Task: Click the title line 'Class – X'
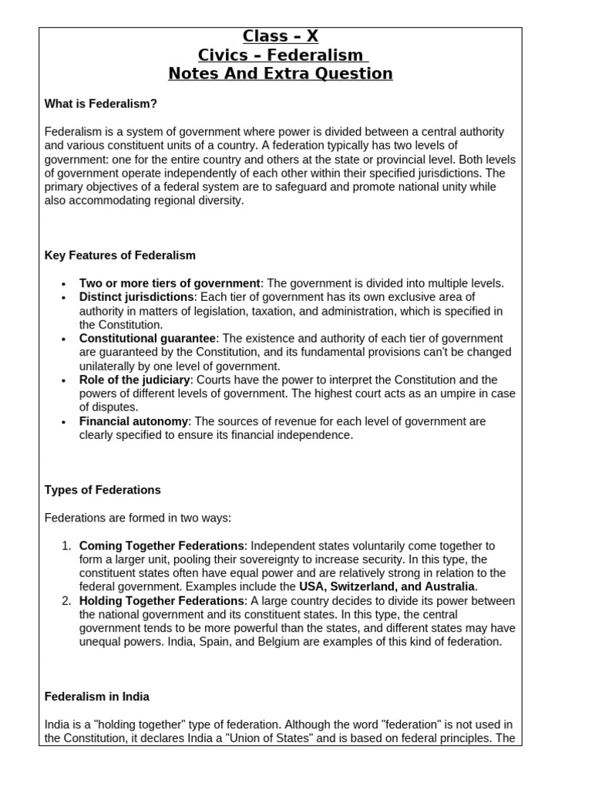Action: (x=281, y=36)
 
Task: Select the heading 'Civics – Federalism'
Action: (x=280, y=55)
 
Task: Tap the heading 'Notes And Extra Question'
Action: (x=281, y=74)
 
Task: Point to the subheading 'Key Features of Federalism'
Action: (x=120, y=255)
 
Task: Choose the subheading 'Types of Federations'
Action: (x=103, y=490)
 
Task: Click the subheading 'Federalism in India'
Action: (x=97, y=697)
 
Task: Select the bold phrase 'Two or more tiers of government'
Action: (x=170, y=283)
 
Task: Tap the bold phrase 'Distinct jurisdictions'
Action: (x=136, y=297)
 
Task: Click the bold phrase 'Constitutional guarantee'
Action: (x=147, y=339)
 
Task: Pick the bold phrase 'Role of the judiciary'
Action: (x=134, y=380)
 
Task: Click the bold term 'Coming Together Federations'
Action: (x=162, y=545)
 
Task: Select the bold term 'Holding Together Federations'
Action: (x=162, y=600)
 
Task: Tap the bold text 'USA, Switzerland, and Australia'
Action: (x=387, y=586)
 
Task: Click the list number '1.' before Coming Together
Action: (x=66, y=545)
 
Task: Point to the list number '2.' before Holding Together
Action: (x=66, y=600)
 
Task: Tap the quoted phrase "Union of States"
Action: (x=251, y=738)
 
